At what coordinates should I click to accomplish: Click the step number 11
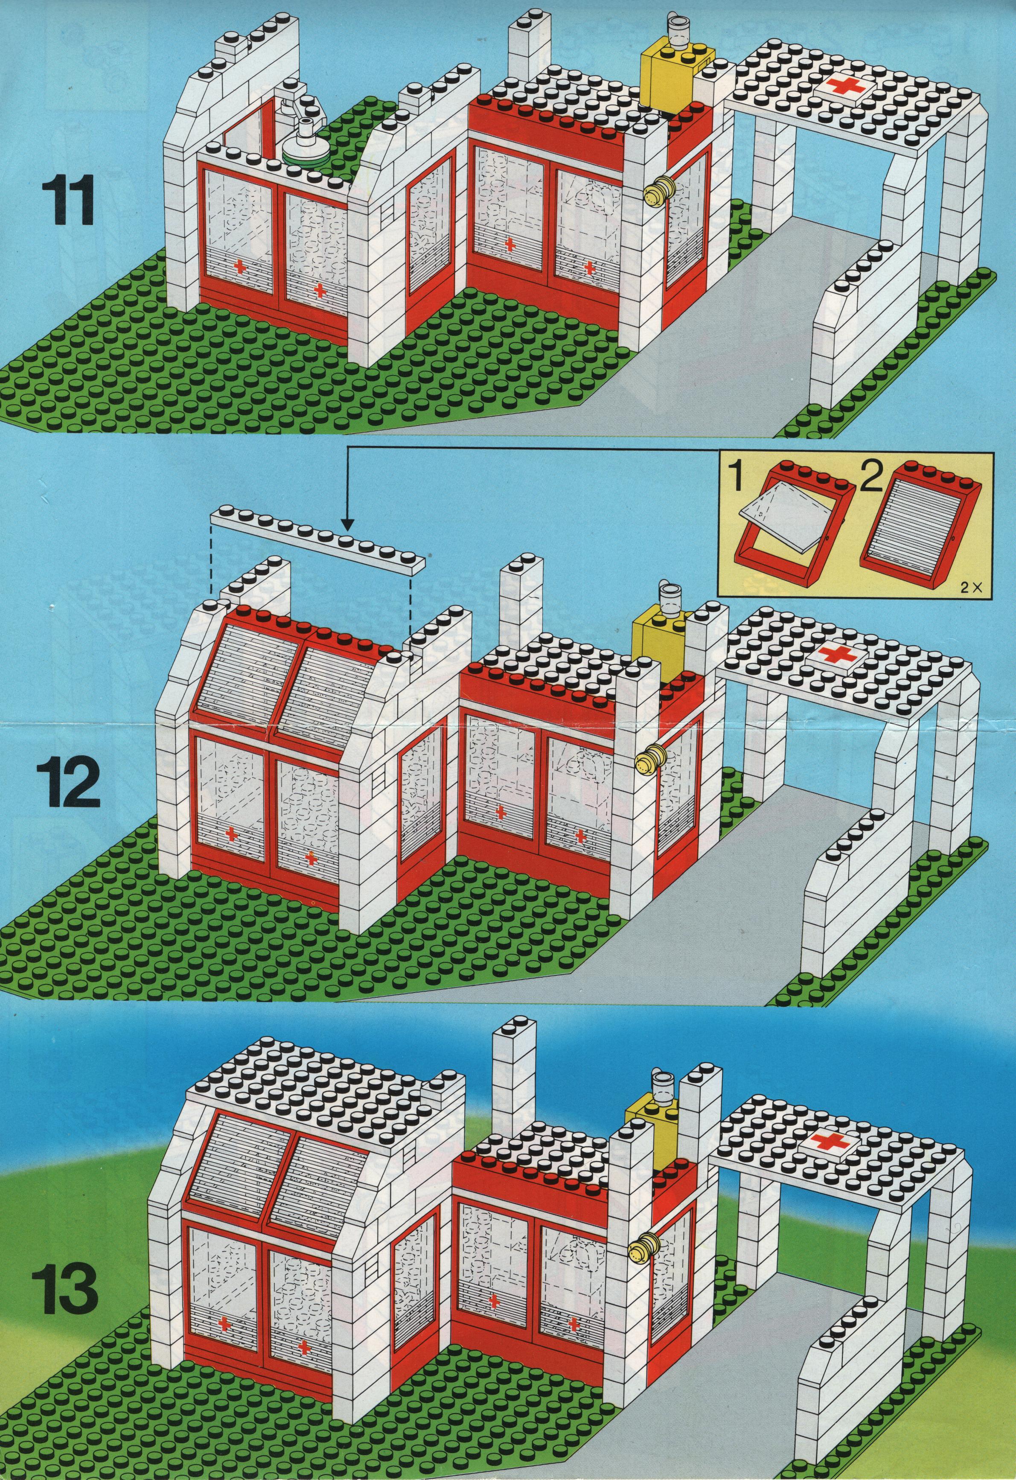pyautogui.click(x=67, y=201)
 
